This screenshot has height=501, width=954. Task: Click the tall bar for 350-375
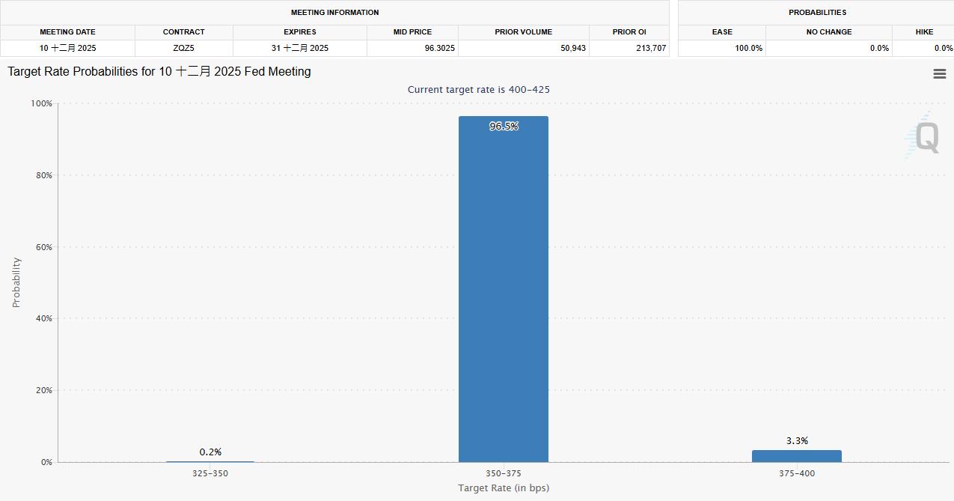click(503, 292)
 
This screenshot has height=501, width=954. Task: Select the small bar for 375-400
click(796, 456)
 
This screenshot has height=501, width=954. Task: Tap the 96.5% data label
click(504, 127)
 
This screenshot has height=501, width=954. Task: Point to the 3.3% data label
click(797, 441)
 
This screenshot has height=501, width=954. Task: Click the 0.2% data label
click(210, 452)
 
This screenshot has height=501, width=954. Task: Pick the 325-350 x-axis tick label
click(210, 473)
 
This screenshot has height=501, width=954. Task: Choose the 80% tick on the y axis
click(41, 175)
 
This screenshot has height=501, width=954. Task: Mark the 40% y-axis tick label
click(41, 318)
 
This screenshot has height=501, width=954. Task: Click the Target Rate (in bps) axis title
click(504, 488)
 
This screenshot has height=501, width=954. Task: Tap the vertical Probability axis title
click(16, 282)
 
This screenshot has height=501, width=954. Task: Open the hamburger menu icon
click(940, 73)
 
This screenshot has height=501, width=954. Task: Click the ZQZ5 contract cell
click(183, 48)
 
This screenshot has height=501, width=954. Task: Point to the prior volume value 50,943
click(572, 48)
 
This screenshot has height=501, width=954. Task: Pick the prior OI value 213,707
click(649, 48)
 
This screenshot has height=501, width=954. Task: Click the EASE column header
click(722, 32)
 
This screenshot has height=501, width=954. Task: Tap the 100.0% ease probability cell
click(748, 48)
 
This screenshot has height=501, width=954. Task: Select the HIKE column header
click(924, 32)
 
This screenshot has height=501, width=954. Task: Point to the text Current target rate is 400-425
click(479, 89)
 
